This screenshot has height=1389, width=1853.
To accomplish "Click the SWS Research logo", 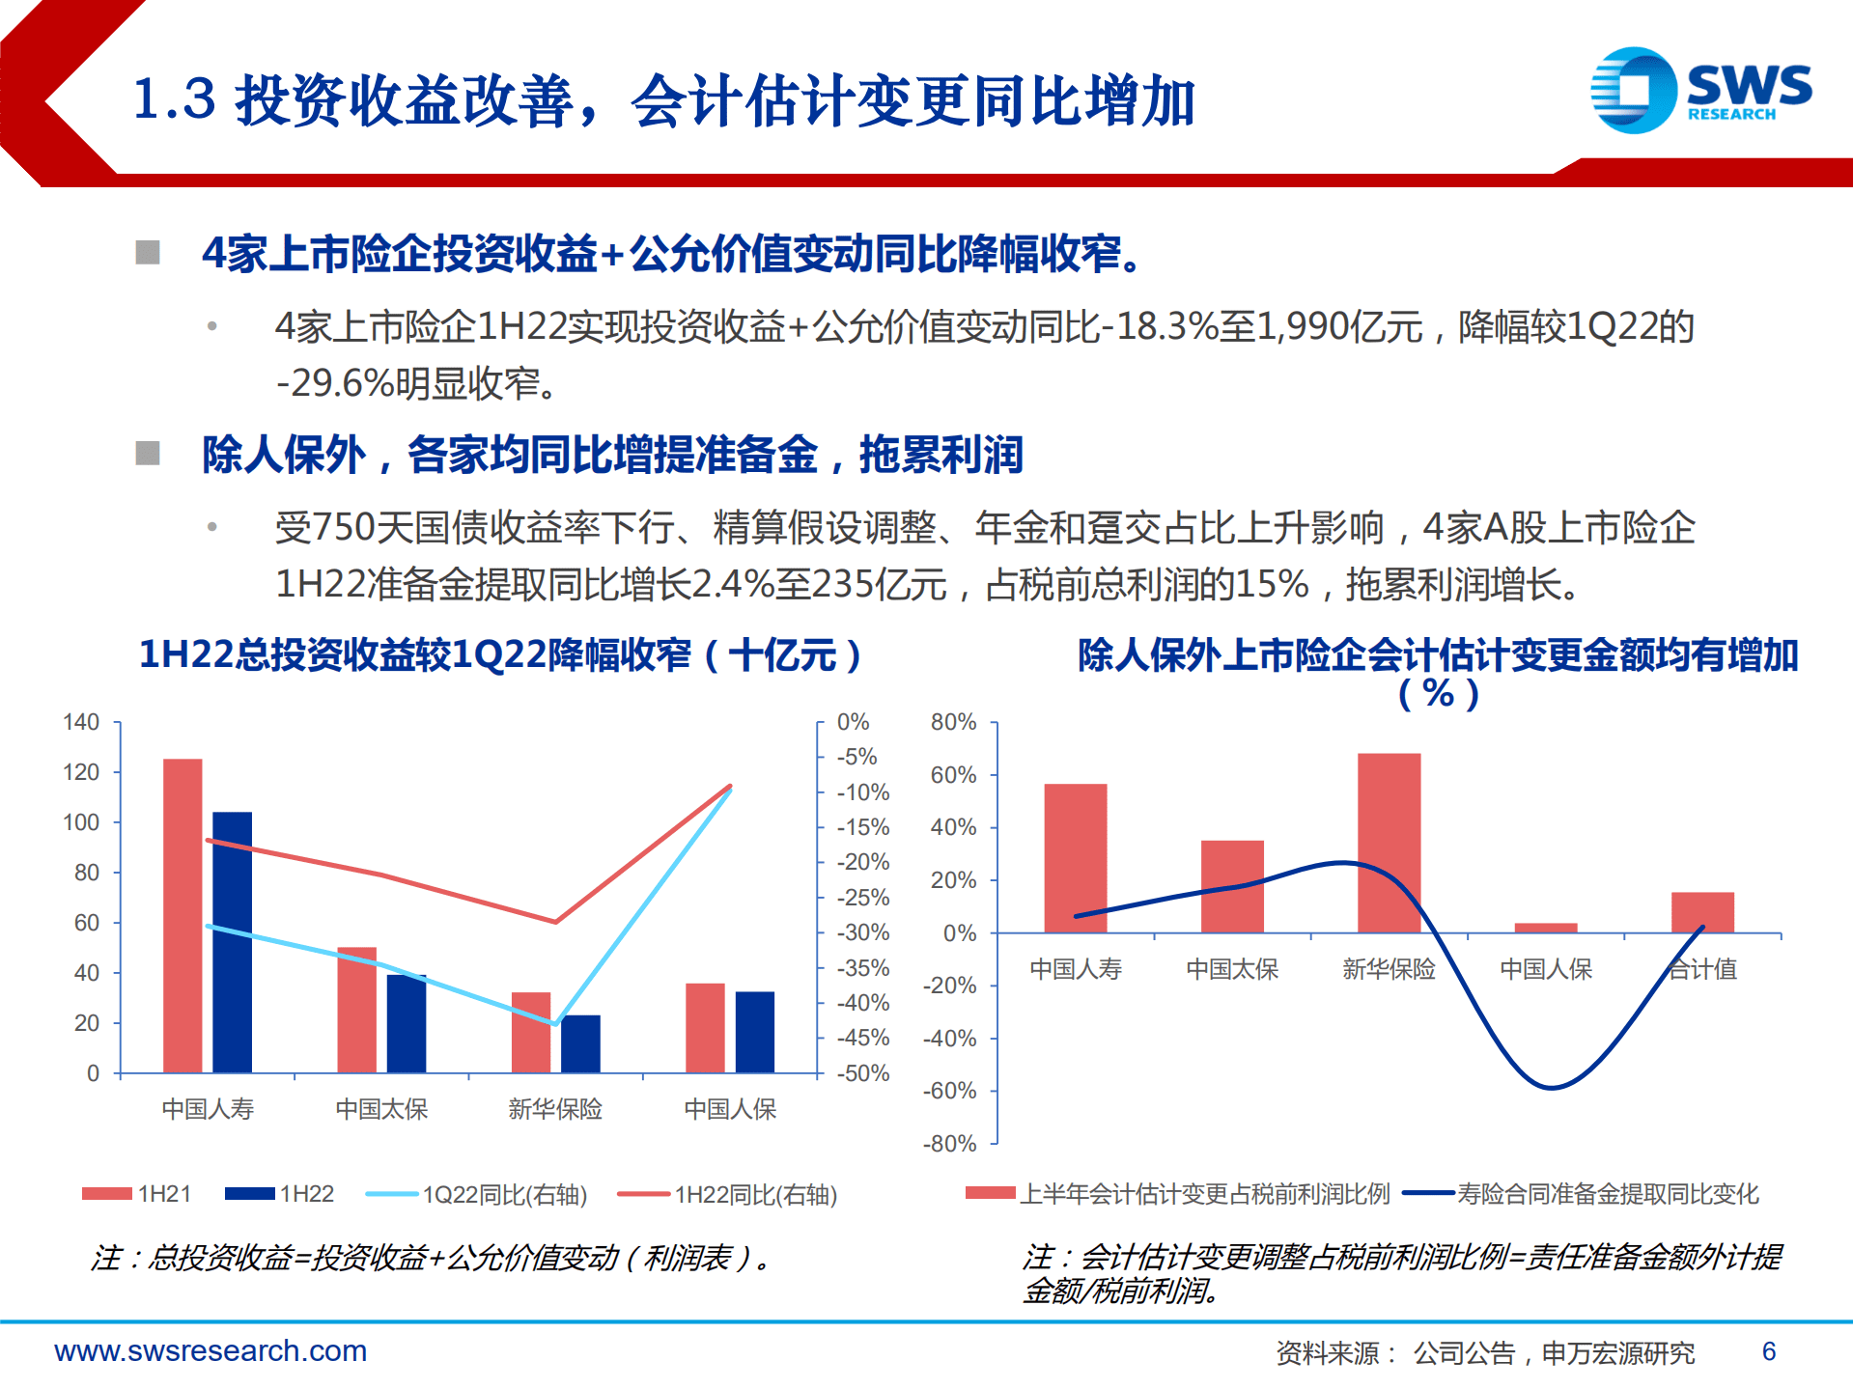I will coord(1700,90).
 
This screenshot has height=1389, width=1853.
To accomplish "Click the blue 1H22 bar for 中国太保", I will coord(407,1023).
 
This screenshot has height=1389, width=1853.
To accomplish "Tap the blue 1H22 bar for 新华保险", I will coord(580,1043).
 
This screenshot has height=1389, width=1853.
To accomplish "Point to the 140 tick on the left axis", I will coord(81,722).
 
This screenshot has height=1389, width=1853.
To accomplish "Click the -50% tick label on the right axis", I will coord(862,1073).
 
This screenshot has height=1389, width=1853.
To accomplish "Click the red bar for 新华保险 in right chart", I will coord(1389,843).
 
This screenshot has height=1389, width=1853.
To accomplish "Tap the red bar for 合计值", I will coord(1702,912).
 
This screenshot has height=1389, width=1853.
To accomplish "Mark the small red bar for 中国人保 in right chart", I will coord(1546,928).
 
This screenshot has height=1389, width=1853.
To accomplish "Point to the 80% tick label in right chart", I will coord(953,722).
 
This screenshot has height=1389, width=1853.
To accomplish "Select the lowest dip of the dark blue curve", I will coord(1551,1088).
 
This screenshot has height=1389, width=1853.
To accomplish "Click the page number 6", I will coord(1768,1351).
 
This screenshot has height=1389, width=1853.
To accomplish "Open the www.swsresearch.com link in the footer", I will coord(211,1351).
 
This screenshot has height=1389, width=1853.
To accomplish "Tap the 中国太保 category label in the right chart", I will coord(1232,969).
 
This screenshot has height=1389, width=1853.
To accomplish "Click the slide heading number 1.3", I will coord(174,99).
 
